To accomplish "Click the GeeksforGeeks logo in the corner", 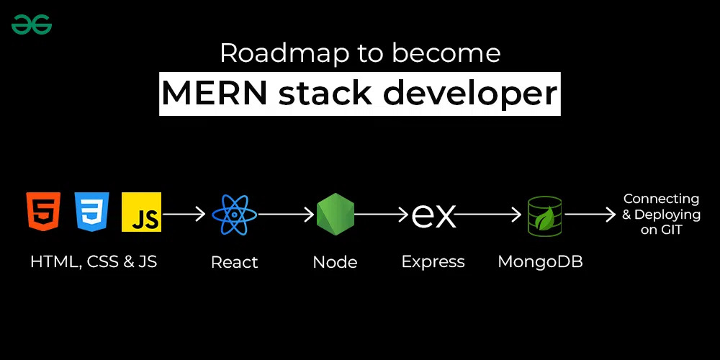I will [32, 24].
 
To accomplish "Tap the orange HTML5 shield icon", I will [42, 212].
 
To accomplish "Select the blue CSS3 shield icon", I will [91, 212].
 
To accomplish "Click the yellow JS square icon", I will [141, 212].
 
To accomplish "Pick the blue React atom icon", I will [235, 215].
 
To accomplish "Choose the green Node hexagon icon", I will [336, 215].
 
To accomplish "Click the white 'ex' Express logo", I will [433, 215].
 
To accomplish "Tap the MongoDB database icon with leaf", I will [545, 215].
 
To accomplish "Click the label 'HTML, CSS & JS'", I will [94, 261].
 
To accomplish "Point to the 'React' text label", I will [235, 262].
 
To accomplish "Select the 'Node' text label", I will [336, 262].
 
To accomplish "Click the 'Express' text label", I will [433, 262].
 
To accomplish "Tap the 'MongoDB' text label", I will [540, 262].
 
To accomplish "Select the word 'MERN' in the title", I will [215, 94].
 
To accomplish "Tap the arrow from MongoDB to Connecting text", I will [590, 215].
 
